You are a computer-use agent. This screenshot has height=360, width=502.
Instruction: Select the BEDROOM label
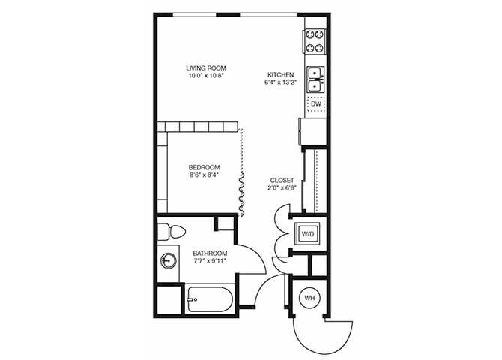(204, 166)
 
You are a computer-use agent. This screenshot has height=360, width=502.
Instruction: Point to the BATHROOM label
(209, 253)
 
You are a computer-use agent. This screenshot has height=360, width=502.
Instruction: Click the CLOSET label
(282, 180)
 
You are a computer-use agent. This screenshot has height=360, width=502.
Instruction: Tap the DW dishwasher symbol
(315, 103)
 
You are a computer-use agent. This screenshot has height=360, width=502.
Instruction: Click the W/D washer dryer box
(308, 234)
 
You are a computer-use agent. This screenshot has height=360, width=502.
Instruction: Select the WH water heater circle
(309, 298)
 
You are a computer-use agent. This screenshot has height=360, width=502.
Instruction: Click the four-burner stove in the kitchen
(315, 41)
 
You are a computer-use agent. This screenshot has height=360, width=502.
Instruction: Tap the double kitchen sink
(315, 75)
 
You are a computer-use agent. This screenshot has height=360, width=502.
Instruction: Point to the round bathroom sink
(169, 261)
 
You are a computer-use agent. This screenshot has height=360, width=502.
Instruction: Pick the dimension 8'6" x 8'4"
(204, 175)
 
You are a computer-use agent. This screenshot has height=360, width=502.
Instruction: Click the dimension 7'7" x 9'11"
(209, 261)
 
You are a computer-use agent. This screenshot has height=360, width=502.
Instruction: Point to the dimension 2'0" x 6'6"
(282, 188)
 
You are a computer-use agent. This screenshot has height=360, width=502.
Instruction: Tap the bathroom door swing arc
(258, 259)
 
